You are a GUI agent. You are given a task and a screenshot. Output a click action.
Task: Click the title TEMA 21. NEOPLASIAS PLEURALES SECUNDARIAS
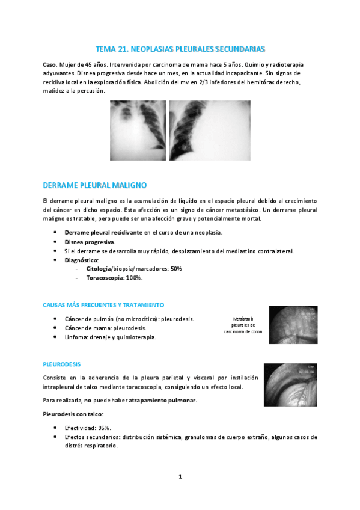point(180,48)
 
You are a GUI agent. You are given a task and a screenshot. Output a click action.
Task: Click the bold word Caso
point(50,63)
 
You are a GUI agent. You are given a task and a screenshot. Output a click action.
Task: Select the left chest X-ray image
point(137,132)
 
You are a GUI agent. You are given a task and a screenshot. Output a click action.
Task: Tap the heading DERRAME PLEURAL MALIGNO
point(96,185)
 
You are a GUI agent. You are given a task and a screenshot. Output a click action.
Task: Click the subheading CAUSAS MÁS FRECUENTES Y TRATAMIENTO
point(103,305)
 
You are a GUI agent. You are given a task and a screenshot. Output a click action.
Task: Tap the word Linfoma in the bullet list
point(76,337)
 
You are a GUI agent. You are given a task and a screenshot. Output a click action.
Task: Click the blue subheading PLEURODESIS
point(62,364)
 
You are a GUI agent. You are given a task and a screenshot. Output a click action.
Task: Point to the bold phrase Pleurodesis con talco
point(73,414)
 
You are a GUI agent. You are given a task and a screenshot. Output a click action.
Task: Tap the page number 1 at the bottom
point(180,477)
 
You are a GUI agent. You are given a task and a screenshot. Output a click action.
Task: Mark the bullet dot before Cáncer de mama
point(56,328)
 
